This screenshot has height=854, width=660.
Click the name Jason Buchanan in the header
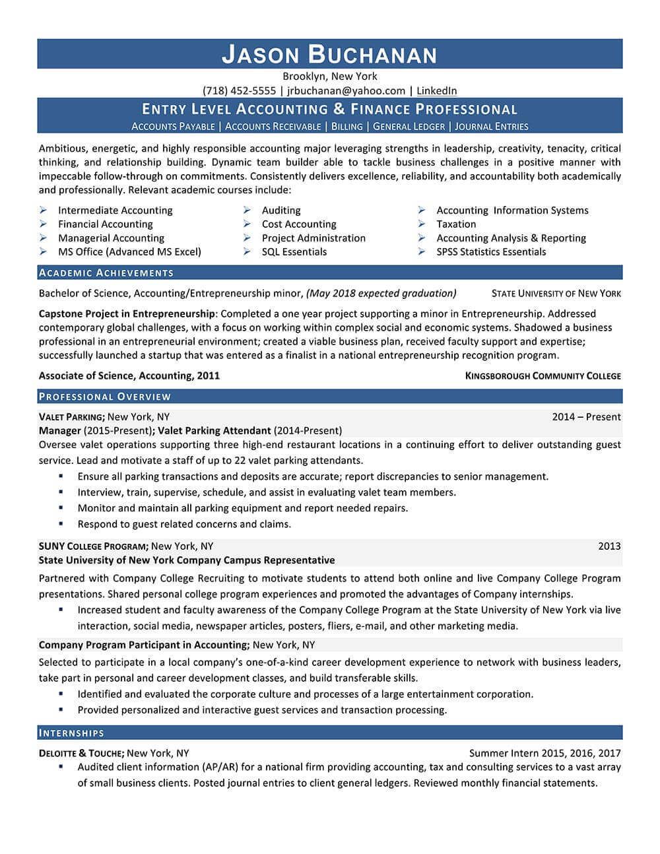coord(329,54)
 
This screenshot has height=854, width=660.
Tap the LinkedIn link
coord(436,90)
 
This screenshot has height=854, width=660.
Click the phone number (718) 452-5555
coord(239,90)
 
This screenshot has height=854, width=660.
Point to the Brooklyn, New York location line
coord(329,76)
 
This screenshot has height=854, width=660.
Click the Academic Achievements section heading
coord(106,273)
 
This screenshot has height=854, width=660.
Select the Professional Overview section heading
coord(105,397)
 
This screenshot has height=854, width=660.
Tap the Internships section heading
coord(72,733)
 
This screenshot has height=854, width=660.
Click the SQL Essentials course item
coord(294,251)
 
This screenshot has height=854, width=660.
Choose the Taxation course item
coord(455,224)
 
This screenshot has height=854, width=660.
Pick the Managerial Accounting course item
coord(111,238)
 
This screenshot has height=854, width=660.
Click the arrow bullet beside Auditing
coord(246,210)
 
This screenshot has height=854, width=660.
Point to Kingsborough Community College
coord(543,376)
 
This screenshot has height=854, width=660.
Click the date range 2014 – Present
coord(586,416)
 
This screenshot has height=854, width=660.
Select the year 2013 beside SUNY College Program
coord(609,546)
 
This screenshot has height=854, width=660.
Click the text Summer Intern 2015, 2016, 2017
coord(544,752)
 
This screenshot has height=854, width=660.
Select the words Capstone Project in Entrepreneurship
coord(127,313)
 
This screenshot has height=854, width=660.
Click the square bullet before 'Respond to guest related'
coord(61,523)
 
